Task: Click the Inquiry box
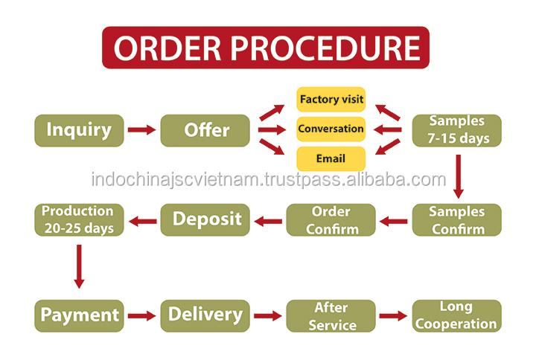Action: click(79, 130)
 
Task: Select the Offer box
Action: click(205, 130)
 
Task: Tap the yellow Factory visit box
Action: click(331, 100)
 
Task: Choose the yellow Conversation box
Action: click(331, 129)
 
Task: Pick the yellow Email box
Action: click(331, 159)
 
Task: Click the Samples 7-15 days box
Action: click(457, 130)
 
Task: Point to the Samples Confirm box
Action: click(457, 220)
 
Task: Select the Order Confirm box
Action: click(331, 220)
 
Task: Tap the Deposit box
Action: click(205, 220)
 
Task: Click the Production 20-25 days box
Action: click(79, 220)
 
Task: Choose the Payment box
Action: click(79, 316)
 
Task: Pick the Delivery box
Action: click(205, 316)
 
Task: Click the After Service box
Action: click(331, 316)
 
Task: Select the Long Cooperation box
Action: click(457, 316)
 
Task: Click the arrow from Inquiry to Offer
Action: click(142, 129)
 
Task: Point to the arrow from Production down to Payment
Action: click(80, 266)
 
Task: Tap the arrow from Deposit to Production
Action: click(142, 222)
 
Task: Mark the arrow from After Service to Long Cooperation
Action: click(394, 316)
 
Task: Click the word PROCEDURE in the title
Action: click(326, 48)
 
